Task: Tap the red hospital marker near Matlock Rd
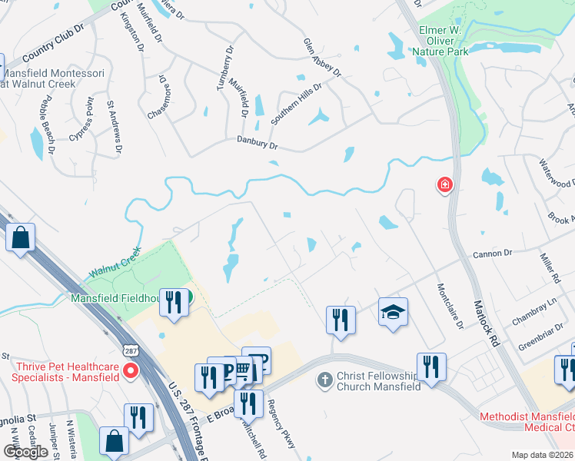(444, 185)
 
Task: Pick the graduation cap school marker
(393, 312)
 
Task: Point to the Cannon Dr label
(492, 253)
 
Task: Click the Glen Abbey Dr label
(321, 57)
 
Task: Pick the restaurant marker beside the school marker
(341, 319)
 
